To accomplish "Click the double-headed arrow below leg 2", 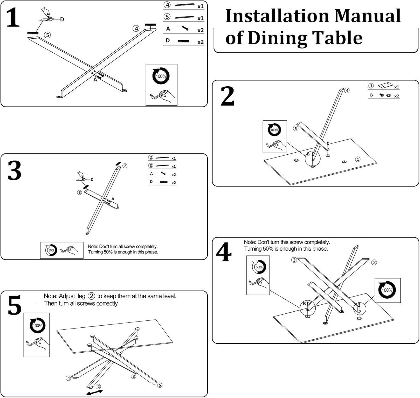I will tap(94, 392).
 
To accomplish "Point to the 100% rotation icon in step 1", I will tap(161, 76).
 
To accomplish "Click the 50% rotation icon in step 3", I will tap(51, 250).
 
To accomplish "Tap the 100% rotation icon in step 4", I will tap(387, 290).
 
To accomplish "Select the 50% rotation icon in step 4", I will tap(259, 267).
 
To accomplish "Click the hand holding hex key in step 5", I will tap(38, 344).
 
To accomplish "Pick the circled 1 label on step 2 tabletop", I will tap(358, 159).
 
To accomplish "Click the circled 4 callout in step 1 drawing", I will tap(136, 28).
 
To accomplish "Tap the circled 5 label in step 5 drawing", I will tap(160, 385).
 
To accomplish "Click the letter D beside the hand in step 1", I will tap(62, 19).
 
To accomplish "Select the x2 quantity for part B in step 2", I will tap(396, 96).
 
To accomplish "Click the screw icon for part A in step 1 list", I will tap(185, 28).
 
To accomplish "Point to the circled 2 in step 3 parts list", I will tap(151, 157).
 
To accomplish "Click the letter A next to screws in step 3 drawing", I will tap(113, 199).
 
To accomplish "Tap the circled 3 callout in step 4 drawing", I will tap(294, 260).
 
